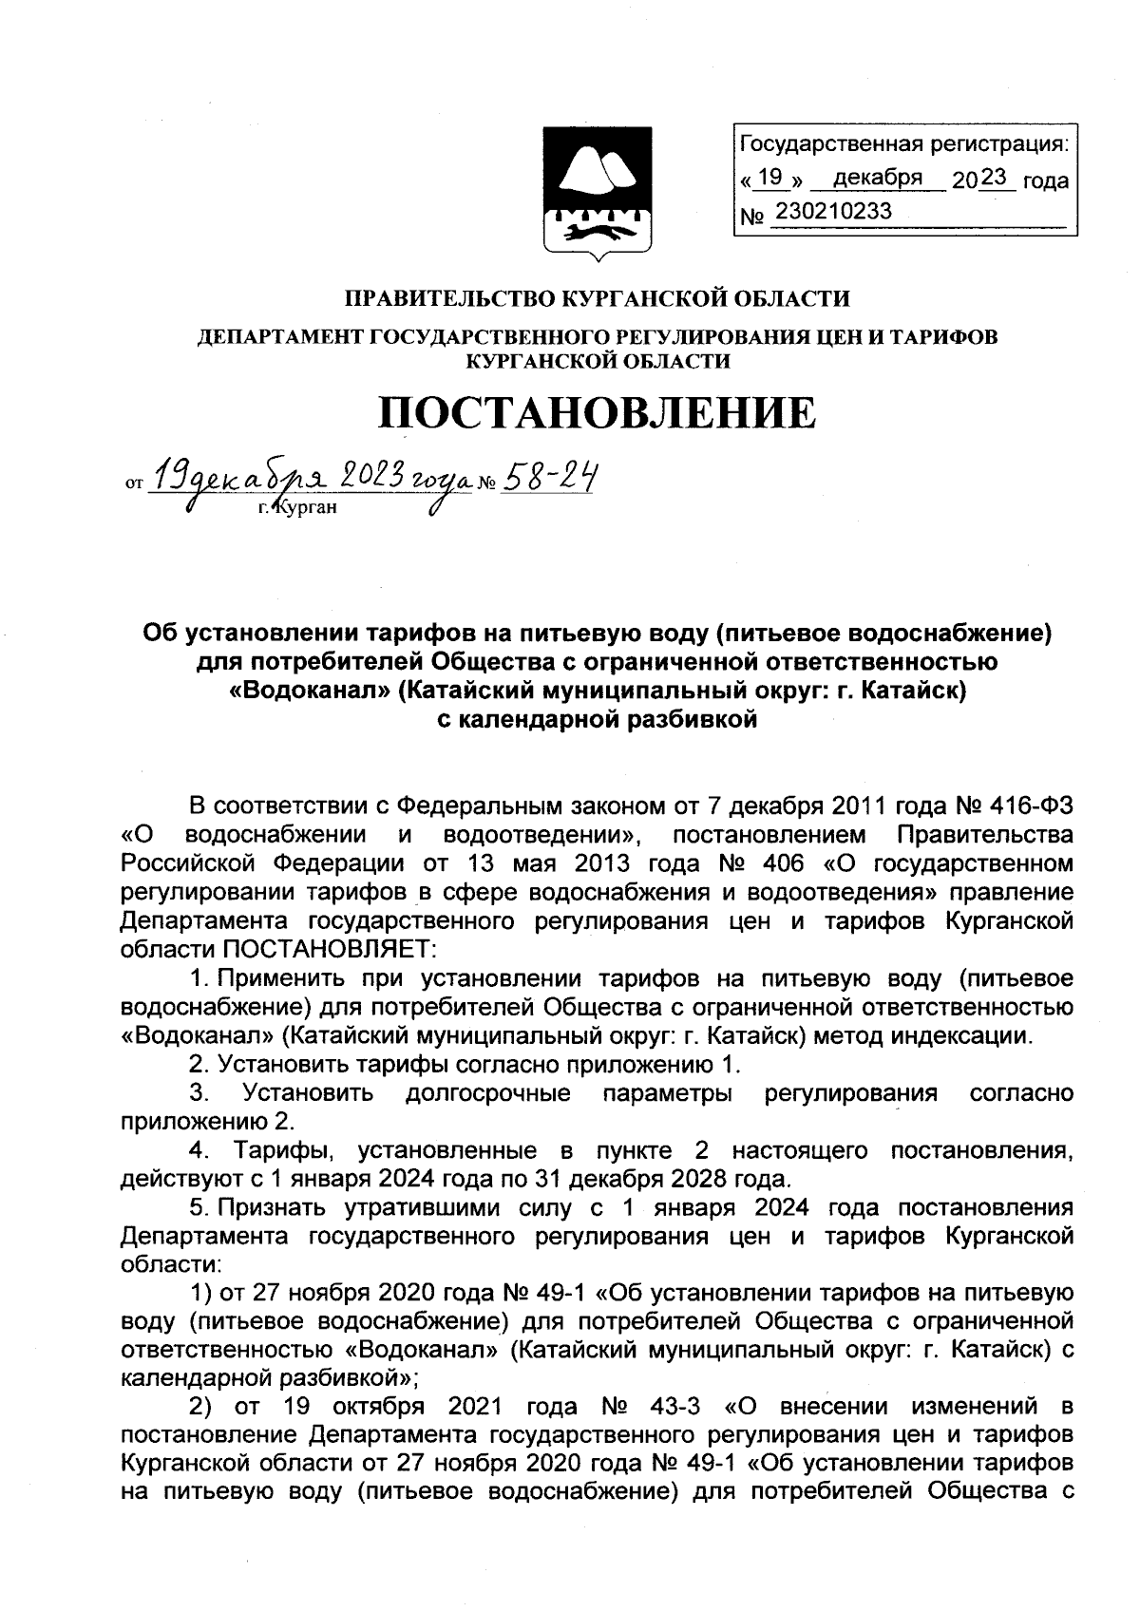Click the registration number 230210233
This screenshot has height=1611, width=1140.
point(833,212)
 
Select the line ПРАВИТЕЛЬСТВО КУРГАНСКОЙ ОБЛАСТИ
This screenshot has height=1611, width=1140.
point(597,299)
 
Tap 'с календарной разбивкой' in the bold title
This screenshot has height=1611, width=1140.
point(597,719)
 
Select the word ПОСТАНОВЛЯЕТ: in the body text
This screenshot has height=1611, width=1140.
point(329,949)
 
